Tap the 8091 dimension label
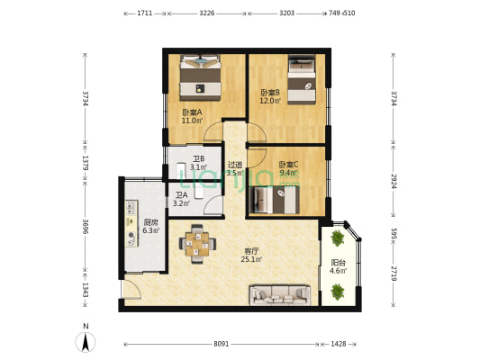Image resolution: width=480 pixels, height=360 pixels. pos(221,344)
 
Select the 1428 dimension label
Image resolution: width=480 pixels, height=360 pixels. pos(339,344)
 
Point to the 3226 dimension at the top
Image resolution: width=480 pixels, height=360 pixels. pos(207,13)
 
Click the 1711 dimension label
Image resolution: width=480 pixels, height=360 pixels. pos(144,13)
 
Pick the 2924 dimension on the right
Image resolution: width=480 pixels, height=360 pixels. pos(394,181)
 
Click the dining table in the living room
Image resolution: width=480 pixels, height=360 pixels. pos(197,244)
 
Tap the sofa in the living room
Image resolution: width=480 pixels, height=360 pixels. pos(280,295)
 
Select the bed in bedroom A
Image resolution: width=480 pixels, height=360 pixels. pos(200,77)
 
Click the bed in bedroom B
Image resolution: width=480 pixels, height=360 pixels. pos(302,79)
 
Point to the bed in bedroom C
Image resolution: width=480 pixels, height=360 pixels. pos(275,200)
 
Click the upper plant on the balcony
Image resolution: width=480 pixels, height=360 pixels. pos(337,238)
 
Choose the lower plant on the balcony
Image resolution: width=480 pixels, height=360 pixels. pos(337,292)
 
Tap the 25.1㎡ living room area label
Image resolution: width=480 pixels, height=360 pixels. pos(251,260)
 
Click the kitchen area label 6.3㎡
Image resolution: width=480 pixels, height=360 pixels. pos(151,230)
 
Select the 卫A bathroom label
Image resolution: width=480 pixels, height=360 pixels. pos(181,195)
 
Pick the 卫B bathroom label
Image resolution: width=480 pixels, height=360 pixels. pos(198,159)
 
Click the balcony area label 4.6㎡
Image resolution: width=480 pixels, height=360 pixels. pos(338,271)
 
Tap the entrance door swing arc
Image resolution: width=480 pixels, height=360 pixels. pos(136,287)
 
